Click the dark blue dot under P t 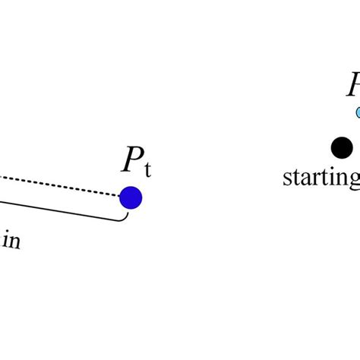pyautogui.click(x=131, y=197)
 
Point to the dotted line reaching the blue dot pyautogui.click(x=61, y=188)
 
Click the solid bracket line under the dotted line pyautogui.click(x=61, y=212)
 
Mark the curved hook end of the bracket pyautogui.click(x=124, y=217)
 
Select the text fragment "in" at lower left pyautogui.click(x=11, y=242)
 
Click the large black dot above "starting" pyautogui.click(x=342, y=147)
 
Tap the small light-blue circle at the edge pyautogui.click(x=357, y=112)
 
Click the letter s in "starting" pyautogui.click(x=287, y=179)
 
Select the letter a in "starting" pyautogui.click(x=303, y=179)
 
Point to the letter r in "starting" pyautogui.click(x=312, y=179)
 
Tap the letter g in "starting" pyautogui.click(x=353, y=182)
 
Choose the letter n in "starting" pyautogui.click(x=339, y=179)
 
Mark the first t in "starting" pyautogui.click(x=295, y=178)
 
